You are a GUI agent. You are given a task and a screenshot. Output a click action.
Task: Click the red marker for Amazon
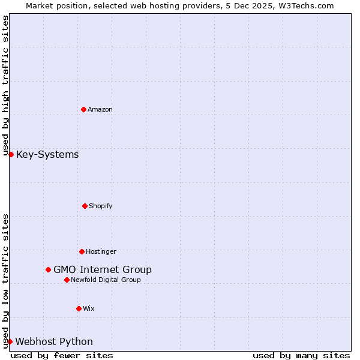(x=83, y=109)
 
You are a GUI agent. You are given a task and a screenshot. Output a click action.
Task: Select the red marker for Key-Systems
(x=11, y=155)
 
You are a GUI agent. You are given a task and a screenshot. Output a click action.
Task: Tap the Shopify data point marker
(x=85, y=206)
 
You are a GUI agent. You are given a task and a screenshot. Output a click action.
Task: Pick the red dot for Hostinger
(x=82, y=251)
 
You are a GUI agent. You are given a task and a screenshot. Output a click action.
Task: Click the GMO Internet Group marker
(x=48, y=269)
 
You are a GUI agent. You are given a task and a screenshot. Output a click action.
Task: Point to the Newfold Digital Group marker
(x=67, y=280)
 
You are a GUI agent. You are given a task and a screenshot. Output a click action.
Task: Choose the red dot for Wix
(x=79, y=308)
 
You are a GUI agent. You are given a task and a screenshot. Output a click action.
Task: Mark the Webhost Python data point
(x=10, y=341)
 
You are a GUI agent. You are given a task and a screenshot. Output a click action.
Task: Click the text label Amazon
(x=100, y=109)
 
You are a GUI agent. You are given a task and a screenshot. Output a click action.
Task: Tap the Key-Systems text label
(x=47, y=155)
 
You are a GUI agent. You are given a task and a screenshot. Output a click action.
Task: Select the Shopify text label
(x=101, y=206)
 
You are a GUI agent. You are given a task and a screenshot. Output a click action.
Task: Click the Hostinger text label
(x=101, y=251)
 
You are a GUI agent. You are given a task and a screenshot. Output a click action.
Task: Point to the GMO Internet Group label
(x=103, y=269)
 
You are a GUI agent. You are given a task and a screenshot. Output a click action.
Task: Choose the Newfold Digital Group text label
(x=106, y=280)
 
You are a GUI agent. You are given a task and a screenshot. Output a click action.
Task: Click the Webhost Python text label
(x=54, y=341)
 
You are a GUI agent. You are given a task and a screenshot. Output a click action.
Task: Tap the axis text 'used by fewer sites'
(x=62, y=355)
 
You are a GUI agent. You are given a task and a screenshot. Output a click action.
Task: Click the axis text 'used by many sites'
(x=301, y=355)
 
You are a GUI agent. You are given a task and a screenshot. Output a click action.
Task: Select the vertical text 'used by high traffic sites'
(x=5, y=85)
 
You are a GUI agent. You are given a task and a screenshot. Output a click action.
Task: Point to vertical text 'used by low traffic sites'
(x=5, y=281)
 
